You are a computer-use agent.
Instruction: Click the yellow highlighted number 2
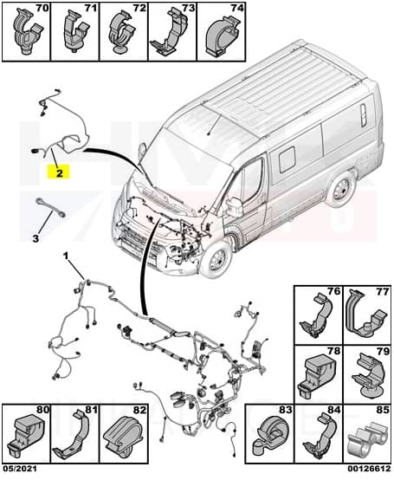(x=58, y=172)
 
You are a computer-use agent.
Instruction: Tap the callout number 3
(x=36, y=238)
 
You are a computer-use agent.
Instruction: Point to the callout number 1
(x=66, y=256)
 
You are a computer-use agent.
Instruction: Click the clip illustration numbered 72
(x=122, y=34)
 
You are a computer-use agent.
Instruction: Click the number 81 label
(x=91, y=410)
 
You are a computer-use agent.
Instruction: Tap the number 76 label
(x=333, y=291)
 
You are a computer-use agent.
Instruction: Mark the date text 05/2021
(x=19, y=469)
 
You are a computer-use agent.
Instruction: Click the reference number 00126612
(x=369, y=469)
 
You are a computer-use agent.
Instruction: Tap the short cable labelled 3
(x=50, y=208)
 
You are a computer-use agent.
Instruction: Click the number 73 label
(x=188, y=8)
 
